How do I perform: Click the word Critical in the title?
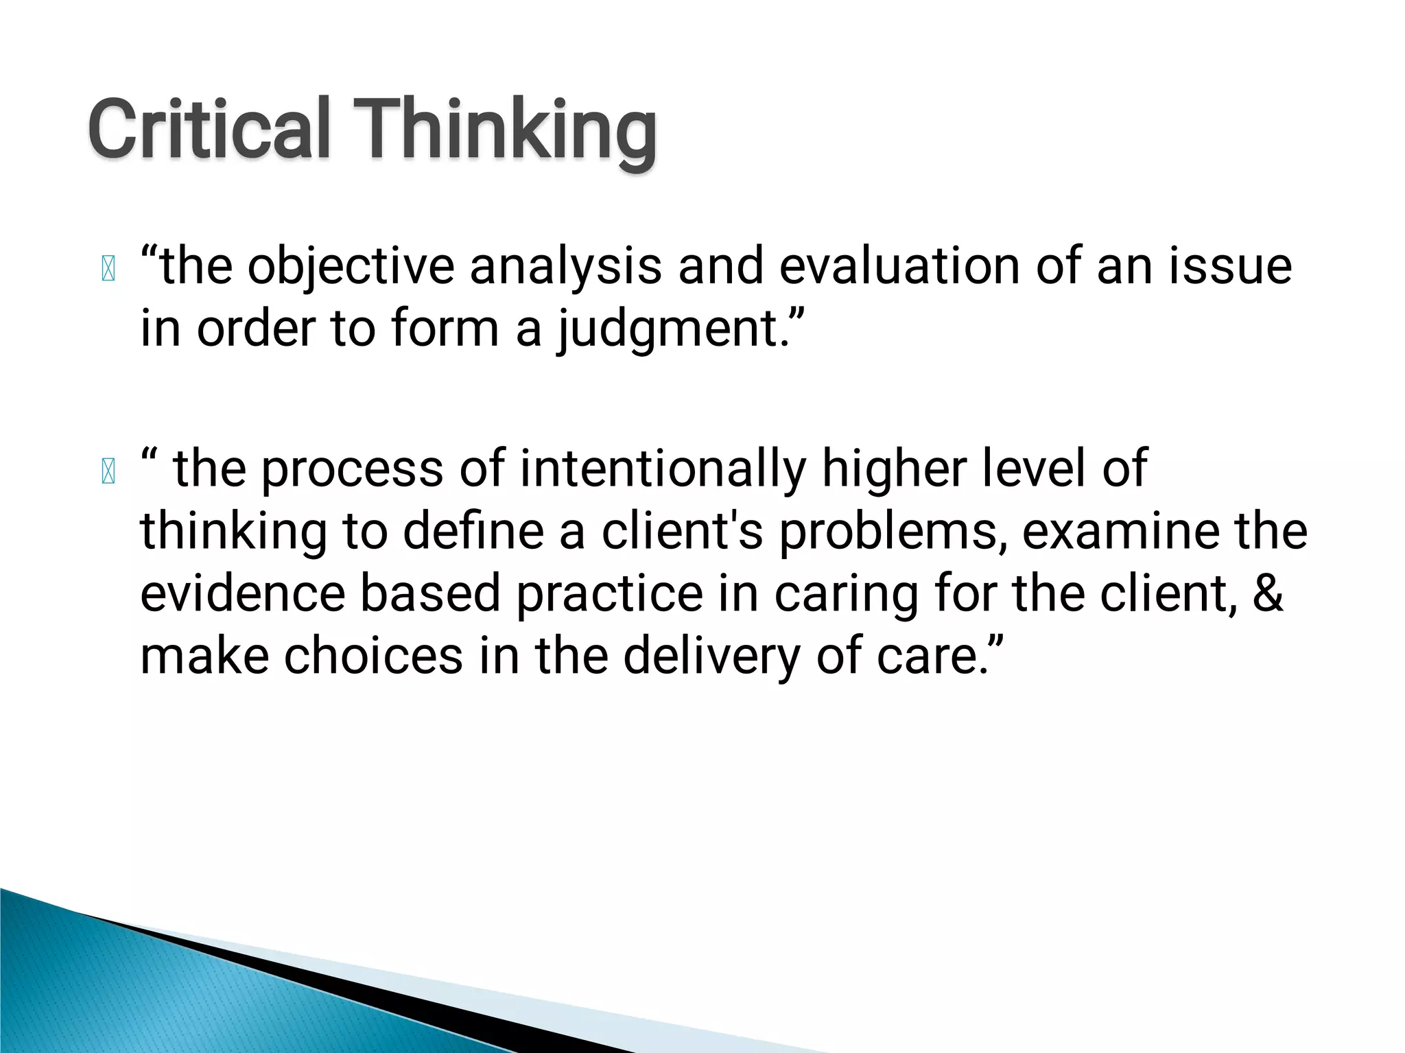[x=209, y=129]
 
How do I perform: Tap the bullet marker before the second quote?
[x=108, y=471]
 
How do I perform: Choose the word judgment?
[x=668, y=329]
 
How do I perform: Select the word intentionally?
[x=663, y=469]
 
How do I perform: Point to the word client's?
[x=682, y=531]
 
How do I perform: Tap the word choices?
[x=373, y=656]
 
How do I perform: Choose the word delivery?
[x=711, y=656]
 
